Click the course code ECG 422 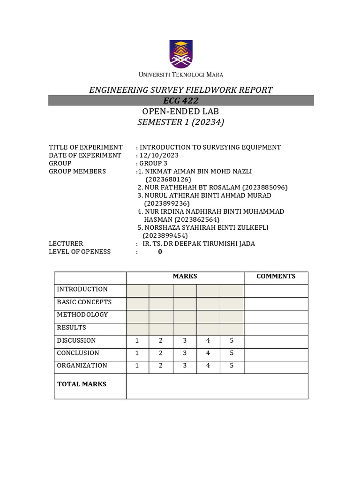click(x=181, y=101)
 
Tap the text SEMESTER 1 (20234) click(x=181, y=123)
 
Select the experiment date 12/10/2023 click(x=159, y=155)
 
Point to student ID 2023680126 click(x=168, y=179)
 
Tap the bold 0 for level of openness click(x=160, y=252)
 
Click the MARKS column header click(x=185, y=277)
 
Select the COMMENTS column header click(x=276, y=277)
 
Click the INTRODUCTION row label click(x=82, y=289)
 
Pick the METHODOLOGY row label click(x=82, y=315)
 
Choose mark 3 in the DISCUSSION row click(x=185, y=340)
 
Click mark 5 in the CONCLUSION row click(x=232, y=353)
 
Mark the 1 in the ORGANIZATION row click(x=137, y=366)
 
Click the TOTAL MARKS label click(x=82, y=384)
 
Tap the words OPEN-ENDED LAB click(x=180, y=112)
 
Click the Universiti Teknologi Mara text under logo click(x=180, y=75)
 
